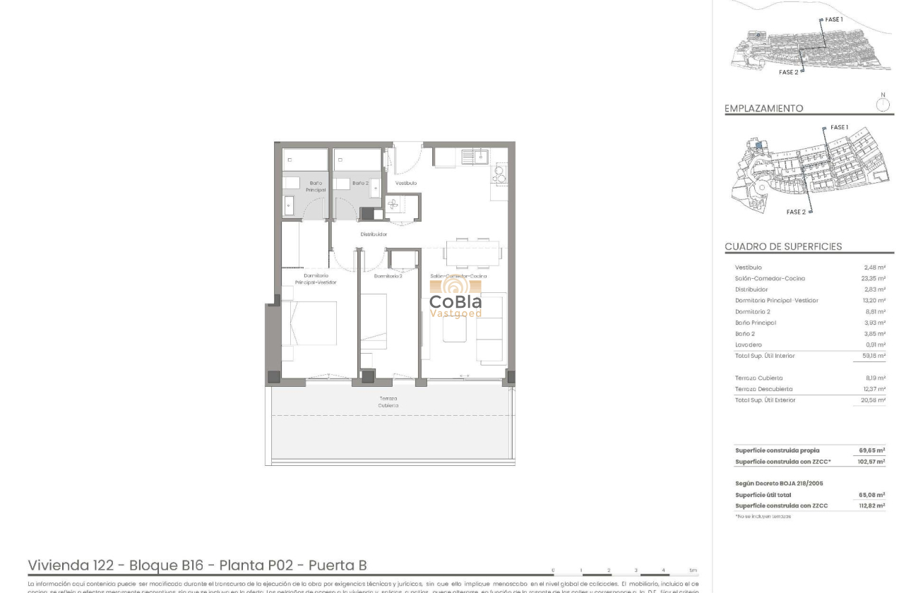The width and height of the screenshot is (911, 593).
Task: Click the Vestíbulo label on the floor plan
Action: tap(406, 183)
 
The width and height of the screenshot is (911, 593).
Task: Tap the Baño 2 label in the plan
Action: tap(360, 183)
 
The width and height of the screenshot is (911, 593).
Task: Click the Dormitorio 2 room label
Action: tap(388, 276)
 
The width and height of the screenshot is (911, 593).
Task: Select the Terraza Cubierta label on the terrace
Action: tap(388, 402)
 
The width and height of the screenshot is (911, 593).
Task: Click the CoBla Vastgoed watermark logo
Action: tap(456, 299)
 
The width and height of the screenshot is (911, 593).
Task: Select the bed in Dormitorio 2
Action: tap(373, 321)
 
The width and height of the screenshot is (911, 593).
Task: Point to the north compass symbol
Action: tap(883, 104)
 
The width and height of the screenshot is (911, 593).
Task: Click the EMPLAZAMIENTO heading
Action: tap(763, 109)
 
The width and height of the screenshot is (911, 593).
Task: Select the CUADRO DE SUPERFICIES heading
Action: tap(783, 246)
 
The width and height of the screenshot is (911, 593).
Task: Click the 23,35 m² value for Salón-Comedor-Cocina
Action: tap(874, 279)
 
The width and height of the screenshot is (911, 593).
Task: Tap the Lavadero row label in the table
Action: tap(749, 345)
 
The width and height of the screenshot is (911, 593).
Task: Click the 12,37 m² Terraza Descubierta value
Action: tap(874, 389)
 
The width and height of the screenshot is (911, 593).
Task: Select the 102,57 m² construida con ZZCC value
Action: tap(872, 462)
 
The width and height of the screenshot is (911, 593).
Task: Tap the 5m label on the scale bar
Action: tap(693, 570)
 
